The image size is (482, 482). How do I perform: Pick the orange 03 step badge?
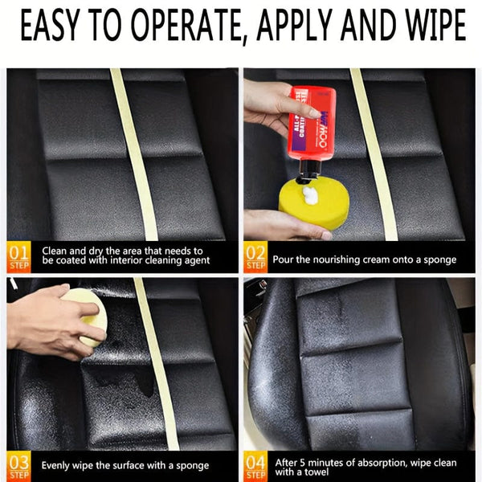click(18, 465)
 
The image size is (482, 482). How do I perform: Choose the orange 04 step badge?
click(255, 465)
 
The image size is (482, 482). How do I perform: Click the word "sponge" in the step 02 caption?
click(437, 259)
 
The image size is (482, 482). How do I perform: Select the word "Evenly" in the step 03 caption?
click(57, 466)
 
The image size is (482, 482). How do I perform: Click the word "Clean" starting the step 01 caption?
click(57, 251)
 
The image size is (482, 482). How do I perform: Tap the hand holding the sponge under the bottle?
click(273, 225)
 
